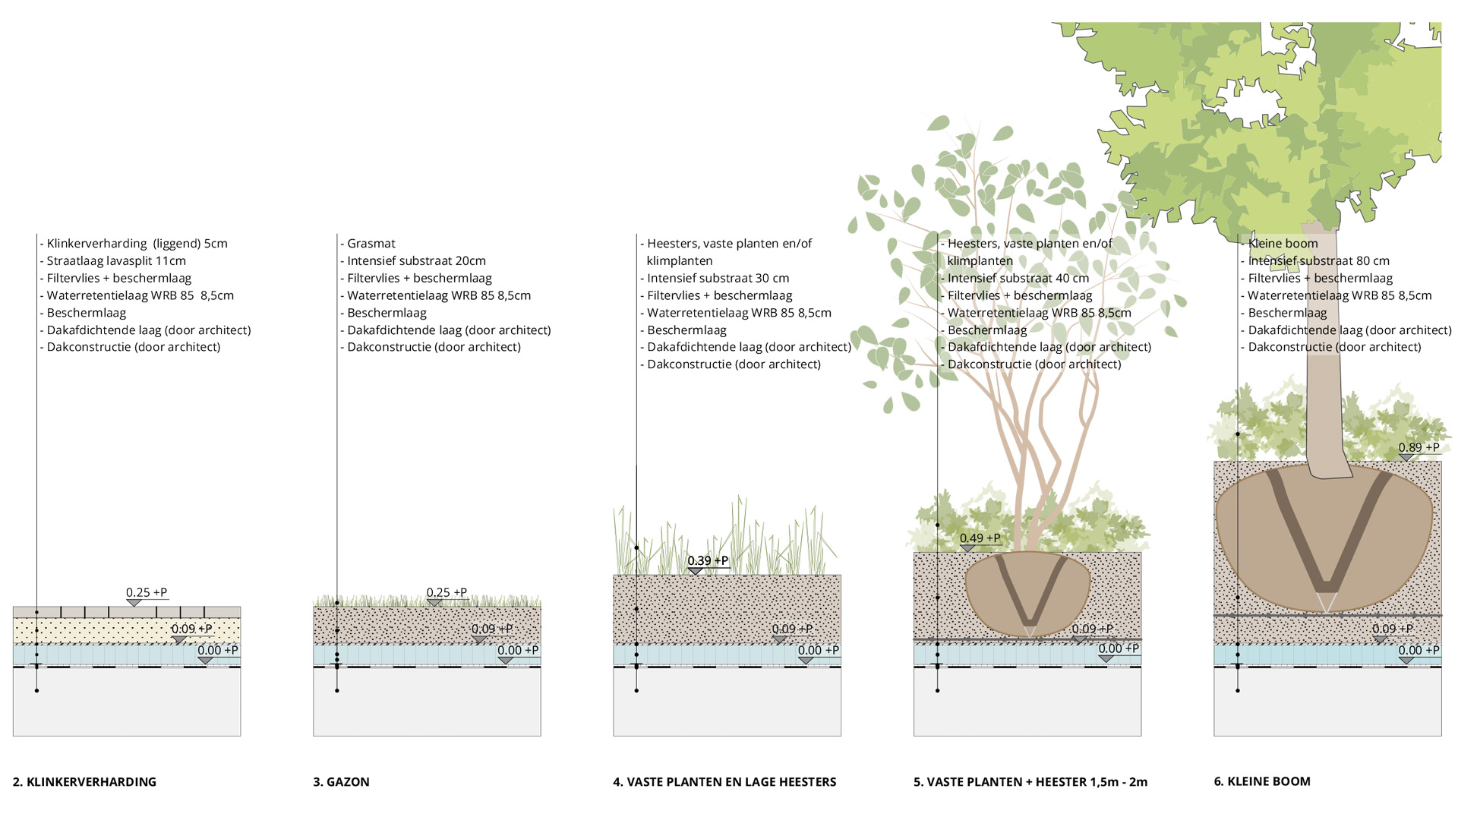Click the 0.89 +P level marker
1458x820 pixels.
pyautogui.click(x=1418, y=448)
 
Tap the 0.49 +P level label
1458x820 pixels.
pyautogui.click(x=980, y=538)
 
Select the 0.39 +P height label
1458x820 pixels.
pyautogui.click(x=708, y=561)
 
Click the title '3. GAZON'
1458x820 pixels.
pyautogui.click(x=341, y=782)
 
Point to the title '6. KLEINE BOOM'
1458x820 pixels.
pyautogui.click(x=1261, y=781)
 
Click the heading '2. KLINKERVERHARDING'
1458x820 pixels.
pyautogui.click(x=84, y=782)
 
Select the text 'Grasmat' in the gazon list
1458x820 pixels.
pyautogui.click(x=371, y=244)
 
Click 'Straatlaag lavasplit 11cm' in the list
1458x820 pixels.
pyautogui.click(x=115, y=261)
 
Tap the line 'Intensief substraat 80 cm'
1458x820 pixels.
pyautogui.click(x=1318, y=261)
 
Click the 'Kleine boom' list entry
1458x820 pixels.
pyautogui.click(x=1283, y=244)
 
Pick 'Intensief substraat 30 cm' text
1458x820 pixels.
pyautogui.click(x=718, y=279)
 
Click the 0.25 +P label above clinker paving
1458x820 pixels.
pyautogui.click(x=147, y=593)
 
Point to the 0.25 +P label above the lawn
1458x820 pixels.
pyautogui.click(x=447, y=593)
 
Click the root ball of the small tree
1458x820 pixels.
pyautogui.click(x=1253, y=531)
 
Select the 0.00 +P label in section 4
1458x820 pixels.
pyautogui.click(x=818, y=651)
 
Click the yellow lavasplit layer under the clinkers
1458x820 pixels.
pyautogui.click(x=91, y=630)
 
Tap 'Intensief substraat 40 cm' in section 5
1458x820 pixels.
pyautogui.click(x=1018, y=279)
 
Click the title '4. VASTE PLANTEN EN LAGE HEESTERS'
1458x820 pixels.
pyautogui.click(x=724, y=782)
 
